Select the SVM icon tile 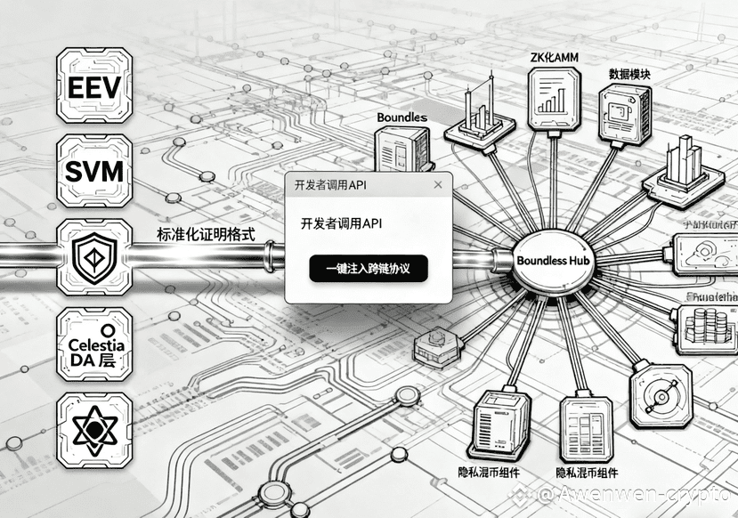(x=93, y=172)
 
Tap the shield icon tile (x=93, y=257)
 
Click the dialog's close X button (x=437, y=184)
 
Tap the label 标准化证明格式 (x=206, y=235)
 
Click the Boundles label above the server (x=401, y=117)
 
